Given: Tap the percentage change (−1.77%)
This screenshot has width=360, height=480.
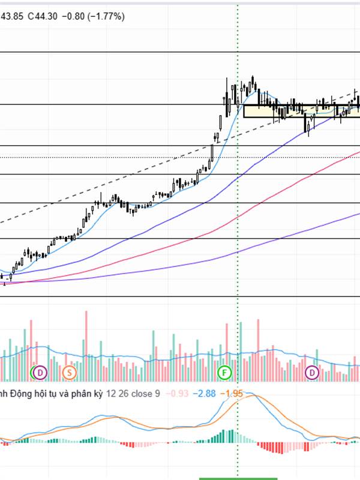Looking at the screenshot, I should click(x=107, y=16).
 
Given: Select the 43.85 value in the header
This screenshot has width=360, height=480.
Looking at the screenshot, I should click(x=11, y=16).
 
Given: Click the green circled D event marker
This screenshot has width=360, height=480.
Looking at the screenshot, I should click(x=39, y=373).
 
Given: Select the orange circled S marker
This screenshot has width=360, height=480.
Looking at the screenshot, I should click(x=69, y=373).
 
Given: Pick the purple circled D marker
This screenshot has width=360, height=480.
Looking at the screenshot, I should click(x=313, y=373).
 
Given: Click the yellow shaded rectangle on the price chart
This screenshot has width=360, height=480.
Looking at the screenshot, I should click(x=300, y=110).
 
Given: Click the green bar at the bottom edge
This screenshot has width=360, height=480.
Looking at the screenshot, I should click(x=238, y=478).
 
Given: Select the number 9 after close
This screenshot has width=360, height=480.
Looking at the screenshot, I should click(x=158, y=394).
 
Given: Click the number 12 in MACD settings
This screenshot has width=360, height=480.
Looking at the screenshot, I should click(x=112, y=394).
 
